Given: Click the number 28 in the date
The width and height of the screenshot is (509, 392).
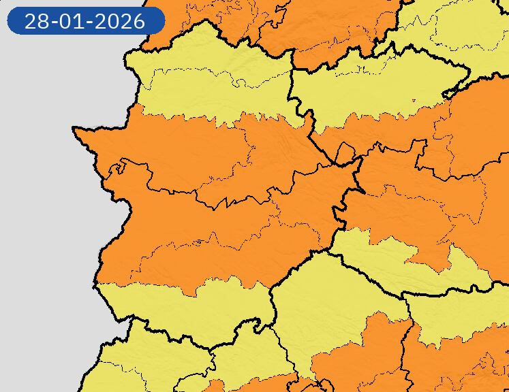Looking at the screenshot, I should (37, 21).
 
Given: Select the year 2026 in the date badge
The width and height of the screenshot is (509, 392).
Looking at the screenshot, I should (120, 21).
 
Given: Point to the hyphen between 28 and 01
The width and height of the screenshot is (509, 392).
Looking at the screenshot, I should (53, 22).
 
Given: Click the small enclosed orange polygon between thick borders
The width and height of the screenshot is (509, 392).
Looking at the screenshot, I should (344, 154).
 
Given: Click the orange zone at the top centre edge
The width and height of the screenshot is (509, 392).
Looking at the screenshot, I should (320, 27).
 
